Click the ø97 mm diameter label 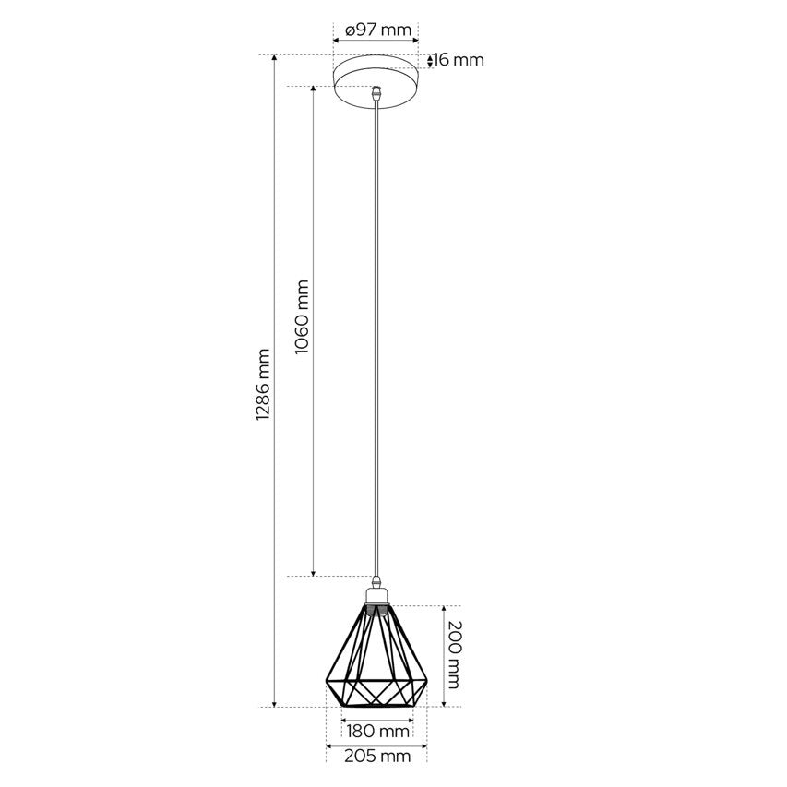click(x=378, y=30)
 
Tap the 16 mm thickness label click(x=459, y=60)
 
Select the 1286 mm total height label click(x=263, y=385)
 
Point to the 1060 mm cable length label click(x=302, y=316)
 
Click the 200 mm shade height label click(x=454, y=655)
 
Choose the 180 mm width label click(x=378, y=732)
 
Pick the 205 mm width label click(x=377, y=756)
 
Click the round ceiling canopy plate click(x=376, y=80)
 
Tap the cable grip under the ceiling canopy click(x=376, y=95)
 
